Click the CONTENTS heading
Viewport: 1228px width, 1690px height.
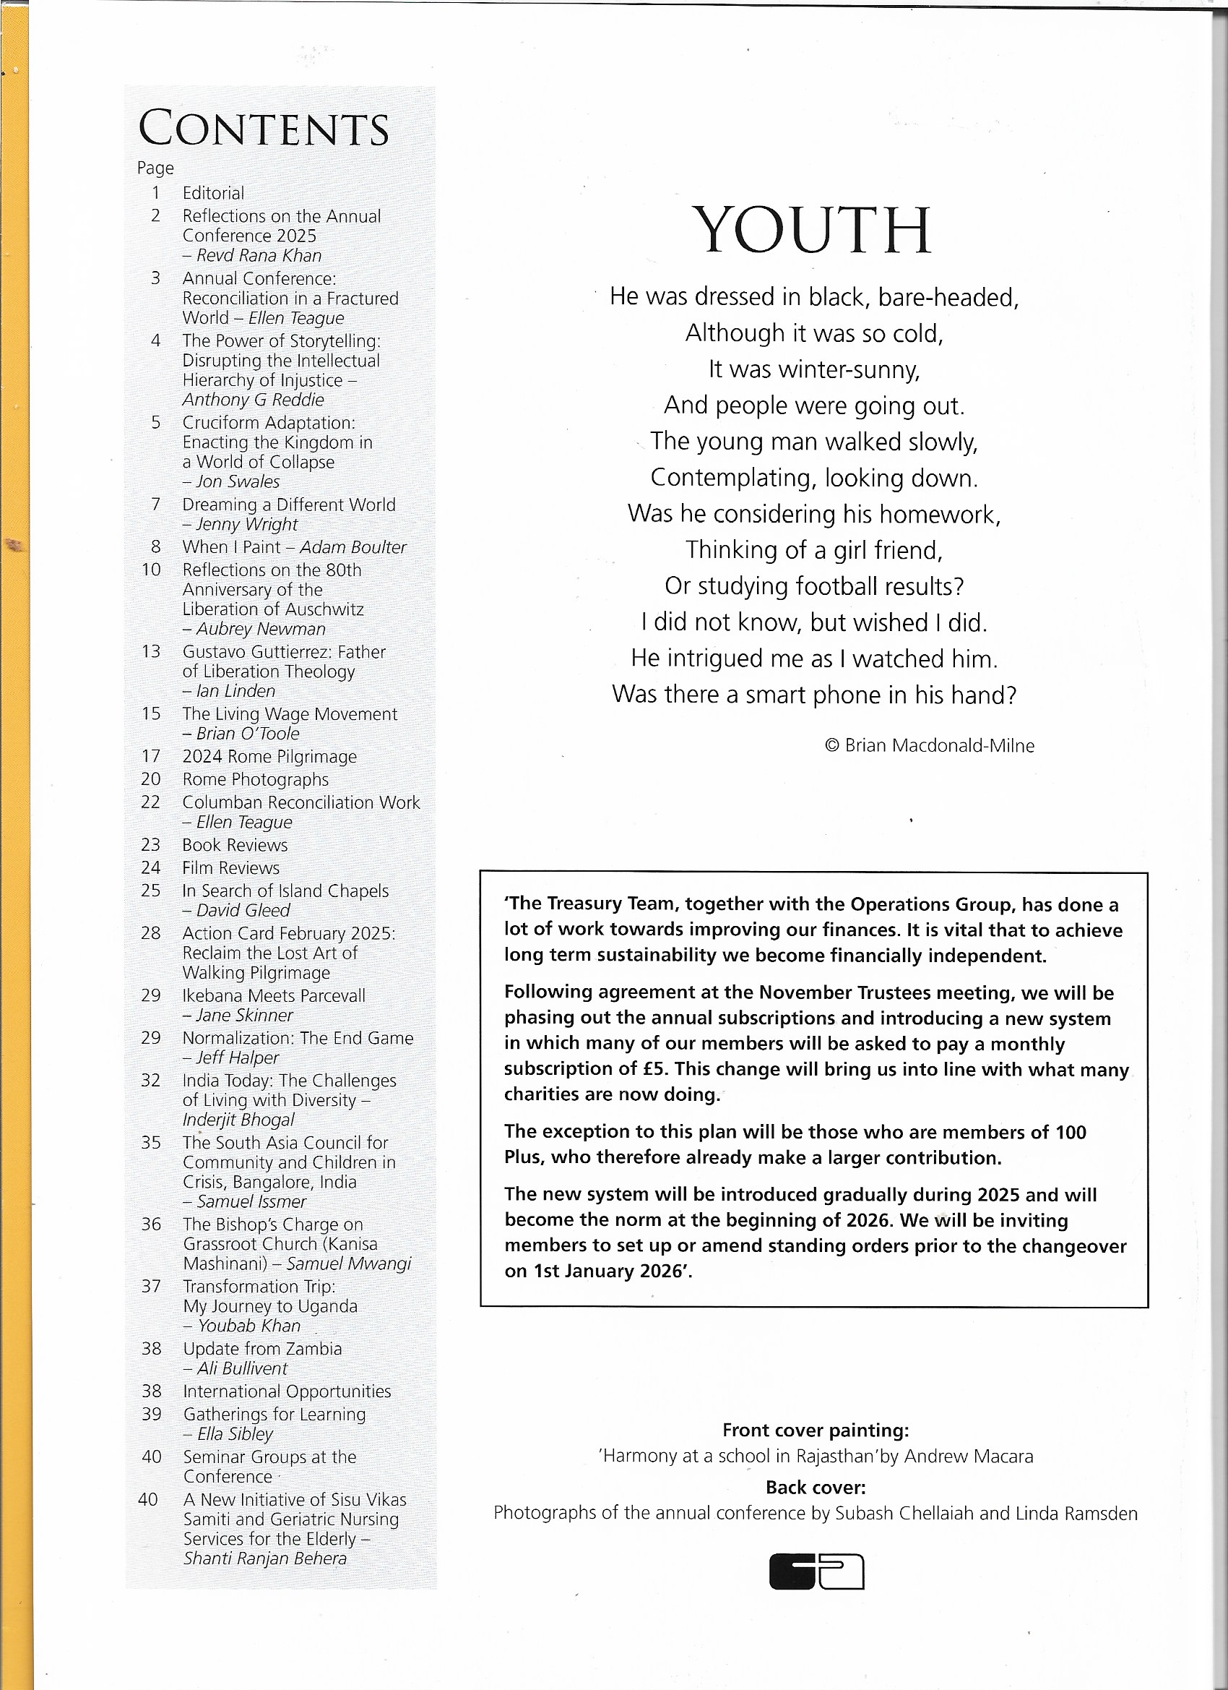[x=264, y=129]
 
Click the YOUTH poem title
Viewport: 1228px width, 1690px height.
[x=812, y=231]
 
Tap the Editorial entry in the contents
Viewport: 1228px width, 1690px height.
[x=213, y=193]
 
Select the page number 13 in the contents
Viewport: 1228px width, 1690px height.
[x=151, y=652]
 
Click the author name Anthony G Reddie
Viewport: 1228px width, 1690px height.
[x=254, y=400]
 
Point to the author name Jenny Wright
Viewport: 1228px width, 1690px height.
[x=246, y=525]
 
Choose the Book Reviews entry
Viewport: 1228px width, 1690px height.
[x=235, y=845]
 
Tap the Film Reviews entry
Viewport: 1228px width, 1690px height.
[x=231, y=868]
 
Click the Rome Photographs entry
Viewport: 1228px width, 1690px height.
[x=256, y=779]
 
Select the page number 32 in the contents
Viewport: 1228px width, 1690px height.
[x=151, y=1081]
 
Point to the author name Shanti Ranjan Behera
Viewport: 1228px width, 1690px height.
[x=265, y=1559]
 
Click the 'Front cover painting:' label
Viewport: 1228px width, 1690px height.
[x=816, y=1431]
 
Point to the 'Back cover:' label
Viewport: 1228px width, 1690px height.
[x=816, y=1488]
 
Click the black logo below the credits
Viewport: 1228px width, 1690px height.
[x=816, y=1571]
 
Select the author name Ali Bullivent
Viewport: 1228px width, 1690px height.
[x=242, y=1369]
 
